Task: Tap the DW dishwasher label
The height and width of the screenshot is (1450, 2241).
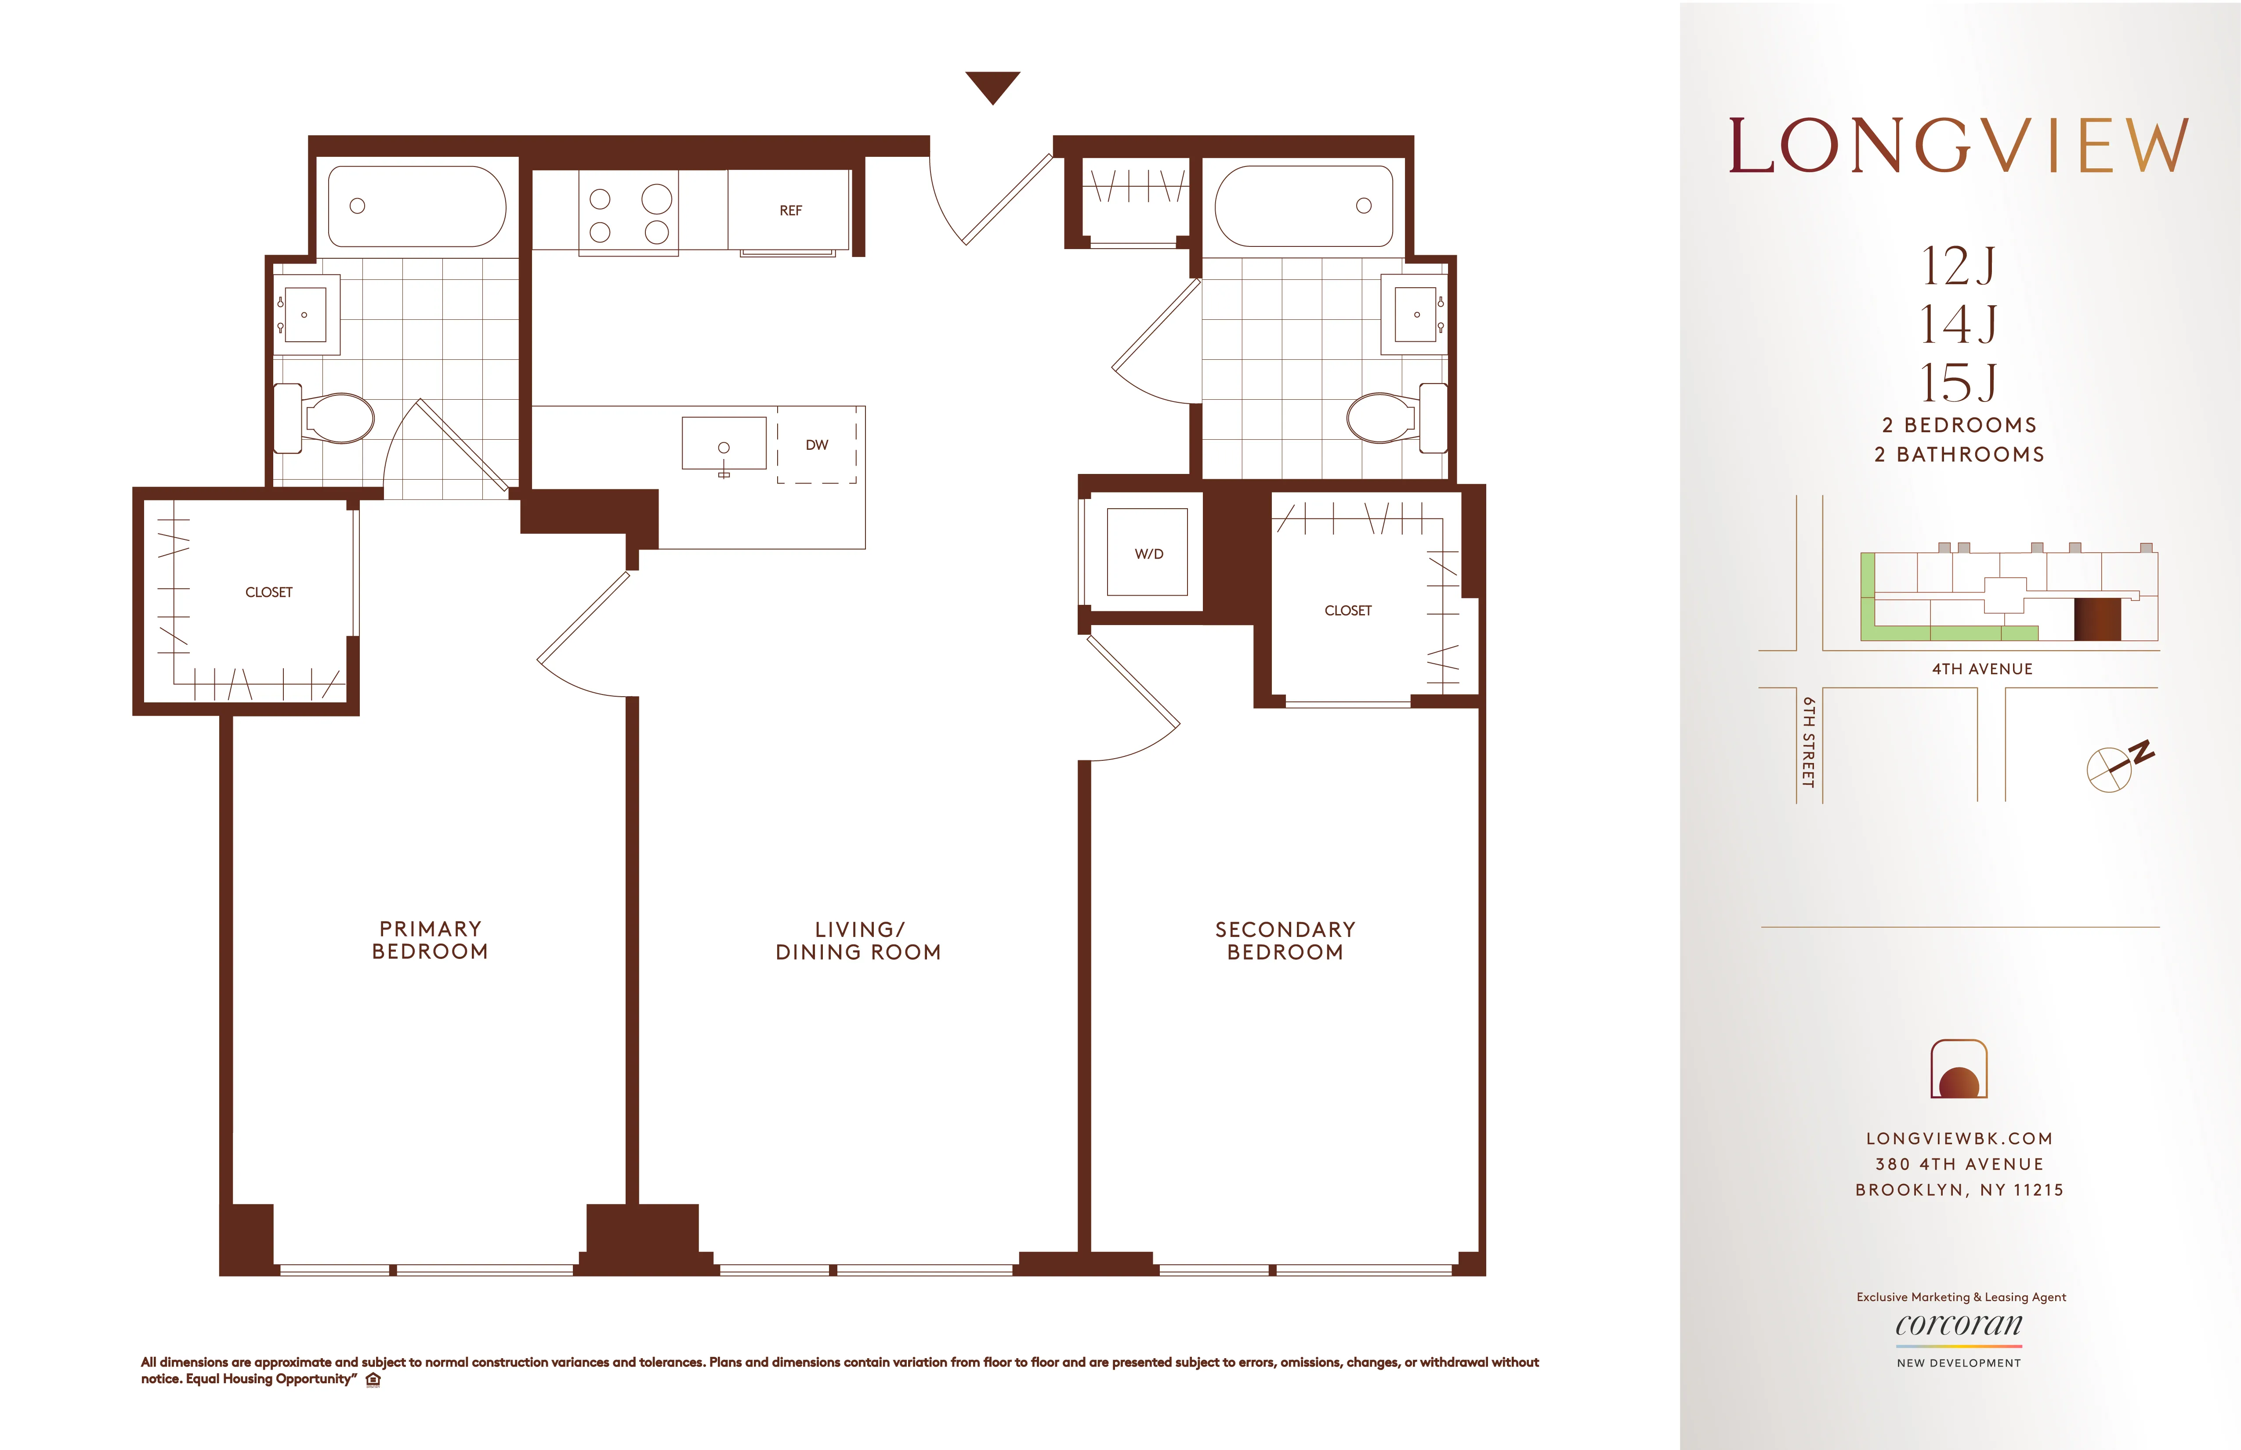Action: [x=816, y=445]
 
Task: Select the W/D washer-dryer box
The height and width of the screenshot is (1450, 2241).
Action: [x=1148, y=553]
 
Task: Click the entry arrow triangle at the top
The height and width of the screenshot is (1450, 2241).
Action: [x=992, y=86]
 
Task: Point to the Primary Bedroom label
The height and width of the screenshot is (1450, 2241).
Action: [x=430, y=940]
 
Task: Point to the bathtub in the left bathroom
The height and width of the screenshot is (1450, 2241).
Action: [x=416, y=206]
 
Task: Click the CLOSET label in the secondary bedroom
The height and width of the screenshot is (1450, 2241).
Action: [x=1347, y=610]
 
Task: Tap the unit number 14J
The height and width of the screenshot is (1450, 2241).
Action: [x=1959, y=324]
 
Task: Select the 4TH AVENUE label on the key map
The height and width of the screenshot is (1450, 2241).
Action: [x=1982, y=669]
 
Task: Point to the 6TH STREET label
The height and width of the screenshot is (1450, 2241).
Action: [x=1808, y=742]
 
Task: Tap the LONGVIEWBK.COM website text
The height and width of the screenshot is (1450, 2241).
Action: [x=1959, y=1138]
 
